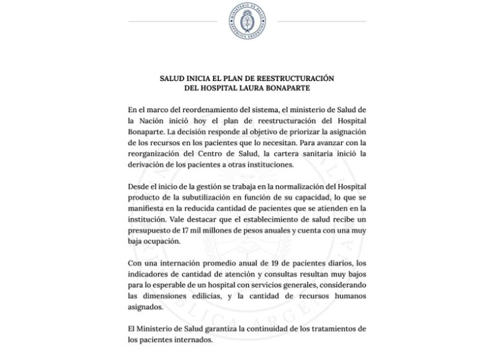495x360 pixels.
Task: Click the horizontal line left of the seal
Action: point(172,21)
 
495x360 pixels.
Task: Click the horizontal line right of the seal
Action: point(322,21)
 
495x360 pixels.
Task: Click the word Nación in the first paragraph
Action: point(154,119)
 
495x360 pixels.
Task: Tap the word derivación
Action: point(151,165)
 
